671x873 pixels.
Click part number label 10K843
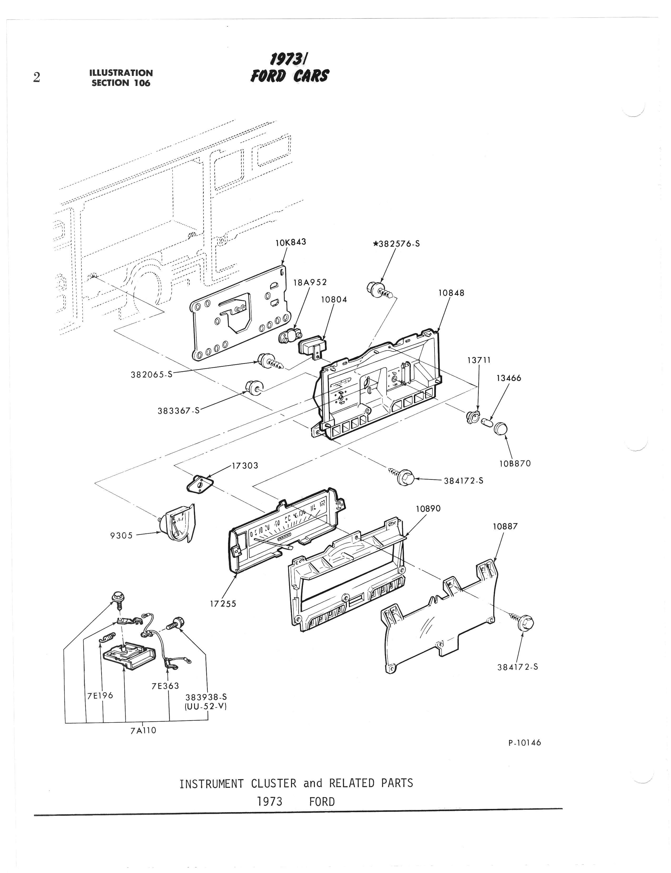tap(291, 242)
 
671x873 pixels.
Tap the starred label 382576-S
tap(396, 244)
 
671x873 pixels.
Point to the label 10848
tap(451, 293)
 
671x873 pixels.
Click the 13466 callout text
tap(509, 378)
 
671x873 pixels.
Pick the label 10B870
tap(515, 464)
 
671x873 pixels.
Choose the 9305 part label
tap(121, 535)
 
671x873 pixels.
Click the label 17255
tap(223, 604)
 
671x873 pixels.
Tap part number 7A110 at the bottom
tap(143, 730)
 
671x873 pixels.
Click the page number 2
tap(37, 77)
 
